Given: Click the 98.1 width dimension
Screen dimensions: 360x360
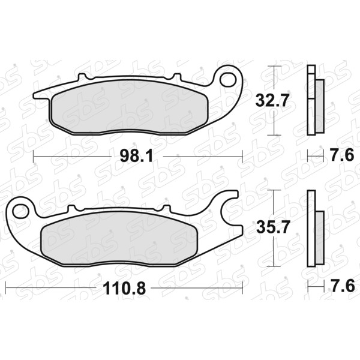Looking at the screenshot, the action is [136, 157].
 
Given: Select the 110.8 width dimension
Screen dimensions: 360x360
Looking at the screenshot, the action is [124, 289].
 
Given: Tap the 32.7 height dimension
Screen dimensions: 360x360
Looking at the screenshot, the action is [271, 100].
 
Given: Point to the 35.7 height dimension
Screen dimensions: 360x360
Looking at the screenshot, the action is [272, 227].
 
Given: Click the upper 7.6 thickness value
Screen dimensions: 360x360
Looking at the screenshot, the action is [343, 155].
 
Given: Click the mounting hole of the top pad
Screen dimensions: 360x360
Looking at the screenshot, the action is [228, 80].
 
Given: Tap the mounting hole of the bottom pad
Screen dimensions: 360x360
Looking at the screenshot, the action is [20, 211].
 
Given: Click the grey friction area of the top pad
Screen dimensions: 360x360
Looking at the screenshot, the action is [129, 107].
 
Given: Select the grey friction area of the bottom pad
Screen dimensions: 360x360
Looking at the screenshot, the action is [118, 239].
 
